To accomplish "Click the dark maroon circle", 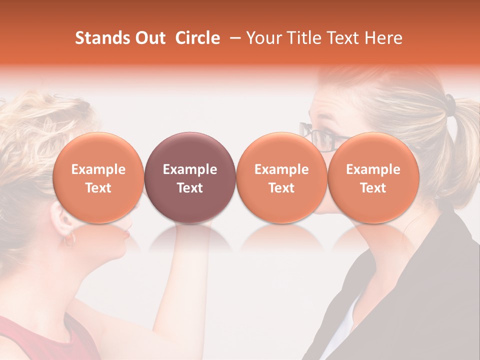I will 189,178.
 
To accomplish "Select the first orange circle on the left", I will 98,178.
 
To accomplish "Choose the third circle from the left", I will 281,178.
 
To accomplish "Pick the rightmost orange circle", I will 373,178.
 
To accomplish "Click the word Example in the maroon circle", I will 189,169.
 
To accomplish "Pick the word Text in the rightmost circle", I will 373,188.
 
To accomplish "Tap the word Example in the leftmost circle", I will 98,169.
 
